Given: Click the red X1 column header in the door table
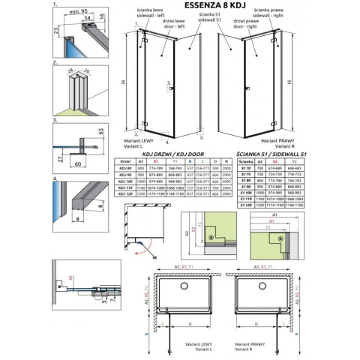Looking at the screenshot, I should [155, 160].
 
